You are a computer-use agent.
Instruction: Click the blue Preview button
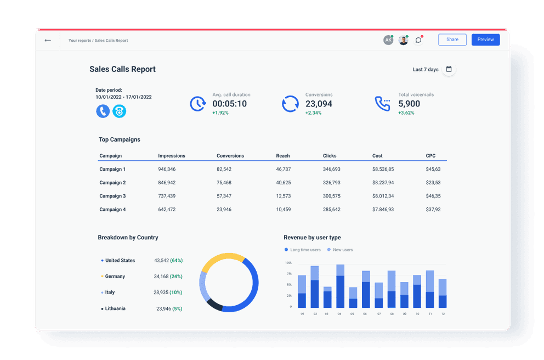pyautogui.click(x=485, y=40)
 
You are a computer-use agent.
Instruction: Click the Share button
pyautogui.click(x=452, y=40)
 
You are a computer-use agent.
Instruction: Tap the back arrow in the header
pyautogui.click(x=48, y=40)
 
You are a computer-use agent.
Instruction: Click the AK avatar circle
pyautogui.click(x=388, y=40)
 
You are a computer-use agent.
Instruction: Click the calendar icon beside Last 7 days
pyautogui.click(x=449, y=69)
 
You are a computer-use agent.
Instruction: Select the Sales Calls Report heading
pyautogui.click(x=122, y=69)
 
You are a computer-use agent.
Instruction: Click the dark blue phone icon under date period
pyautogui.click(x=103, y=111)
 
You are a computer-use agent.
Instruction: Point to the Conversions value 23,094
pyautogui.click(x=319, y=104)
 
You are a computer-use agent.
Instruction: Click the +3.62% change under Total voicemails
pyautogui.click(x=406, y=113)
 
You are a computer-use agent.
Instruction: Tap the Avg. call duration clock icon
pyautogui.click(x=197, y=104)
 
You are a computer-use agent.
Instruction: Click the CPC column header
pyautogui.click(x=430, y=156)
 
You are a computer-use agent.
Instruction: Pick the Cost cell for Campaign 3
pyautogui.click(x=383, y=196)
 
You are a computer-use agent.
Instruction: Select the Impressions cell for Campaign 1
pyautogui.click(x=167, y=169)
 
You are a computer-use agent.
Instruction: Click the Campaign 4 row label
pyautogui.click(x=112, y=210)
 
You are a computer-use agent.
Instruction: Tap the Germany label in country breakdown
pyautogui.click(x=115, y=277)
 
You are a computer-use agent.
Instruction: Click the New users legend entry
pyautogui.click(x=343, y=250)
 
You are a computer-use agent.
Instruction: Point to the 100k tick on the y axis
pyautogui.click(x=288, y=263)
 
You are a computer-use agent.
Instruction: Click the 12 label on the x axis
pyautogui.click(x=443, y=314)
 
